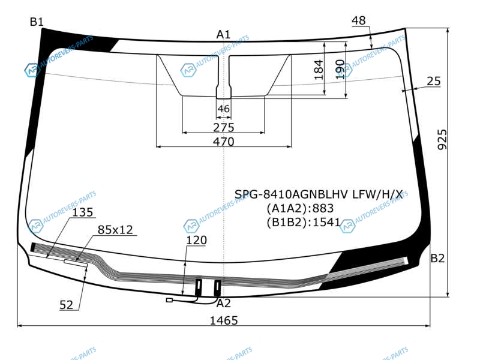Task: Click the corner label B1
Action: pyautogui.click(x=37, y=22)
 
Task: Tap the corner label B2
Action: pyautogui.click(x=437, y=259)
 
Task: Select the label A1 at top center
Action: pyautogui.click(x=223, y=35)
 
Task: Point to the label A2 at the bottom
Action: pyautogui.click(x=223, y=304)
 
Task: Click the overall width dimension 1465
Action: pyautogui.click(x=224, y=320)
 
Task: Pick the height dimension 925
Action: pyautogui.click(x=442, y=140)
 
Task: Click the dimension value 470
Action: pyautogui.click(x=224, y=142)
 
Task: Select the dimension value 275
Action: pyautogui.click(x=224, y=128)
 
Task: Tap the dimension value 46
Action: pyautogui.click(x=223, y=109)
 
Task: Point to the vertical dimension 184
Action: pyautogui.click(x=319, y=70)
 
